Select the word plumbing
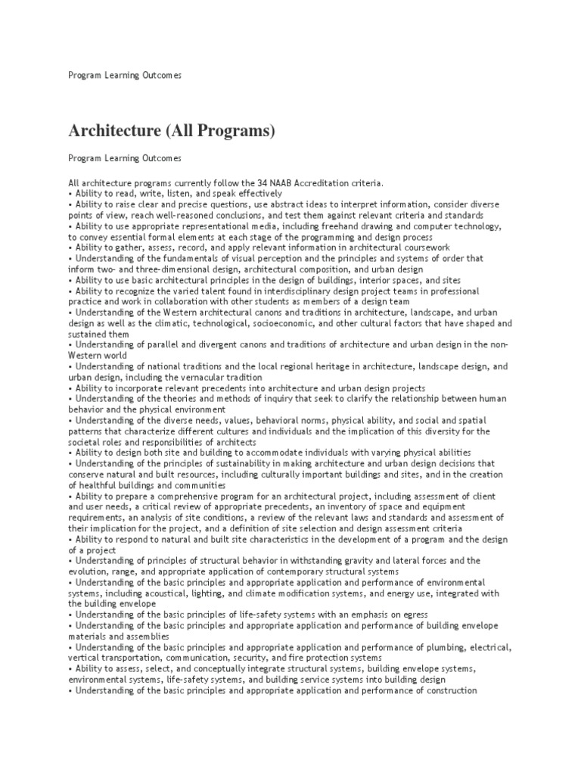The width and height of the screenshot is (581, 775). [443, 647]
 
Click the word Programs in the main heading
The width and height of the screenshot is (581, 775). [234, 131]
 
